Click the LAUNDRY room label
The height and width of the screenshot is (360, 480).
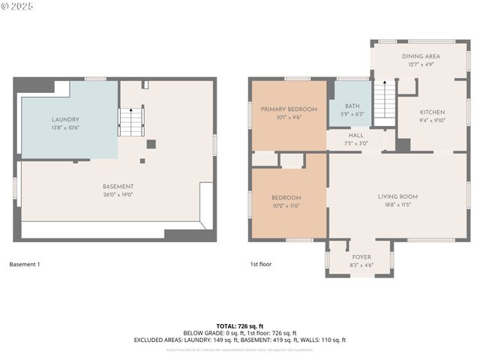65,120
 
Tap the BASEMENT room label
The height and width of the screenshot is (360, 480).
118,187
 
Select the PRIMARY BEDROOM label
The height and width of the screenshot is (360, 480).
289,109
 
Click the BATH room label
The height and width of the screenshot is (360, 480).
352,106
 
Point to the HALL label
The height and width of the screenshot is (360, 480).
356,136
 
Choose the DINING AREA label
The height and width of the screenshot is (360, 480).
421,56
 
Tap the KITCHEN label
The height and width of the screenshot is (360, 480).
432,112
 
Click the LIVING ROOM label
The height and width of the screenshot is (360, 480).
397,196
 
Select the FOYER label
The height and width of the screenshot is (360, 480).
361,257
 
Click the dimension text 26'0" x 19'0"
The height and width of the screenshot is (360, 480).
118,194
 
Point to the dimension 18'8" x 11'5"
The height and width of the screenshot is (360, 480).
397,204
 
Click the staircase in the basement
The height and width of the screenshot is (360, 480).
131,121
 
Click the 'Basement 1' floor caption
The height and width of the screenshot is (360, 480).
25,264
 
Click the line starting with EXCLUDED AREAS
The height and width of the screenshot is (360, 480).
240,340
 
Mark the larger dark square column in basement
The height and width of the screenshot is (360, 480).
151,144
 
